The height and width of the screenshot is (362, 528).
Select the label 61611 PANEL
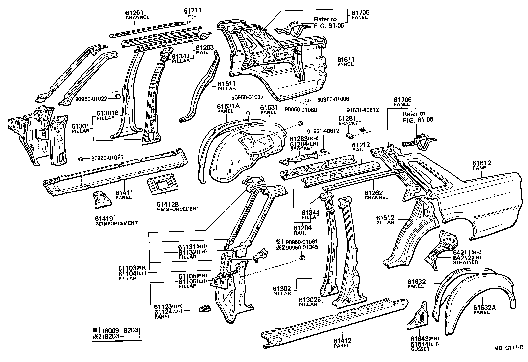(346, 61)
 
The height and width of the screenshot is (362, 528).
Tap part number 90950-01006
(333, 99)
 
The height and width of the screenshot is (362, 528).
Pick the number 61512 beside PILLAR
(385, 218)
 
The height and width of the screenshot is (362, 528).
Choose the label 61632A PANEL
(484, 309)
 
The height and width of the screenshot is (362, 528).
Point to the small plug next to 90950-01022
(117, 97)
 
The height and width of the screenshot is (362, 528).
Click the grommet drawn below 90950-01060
(300, 123)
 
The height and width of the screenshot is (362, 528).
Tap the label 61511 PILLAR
(227, 86)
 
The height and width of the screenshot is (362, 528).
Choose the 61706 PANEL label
(402, 102)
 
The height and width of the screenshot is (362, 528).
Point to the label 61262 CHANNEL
(376, 195)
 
